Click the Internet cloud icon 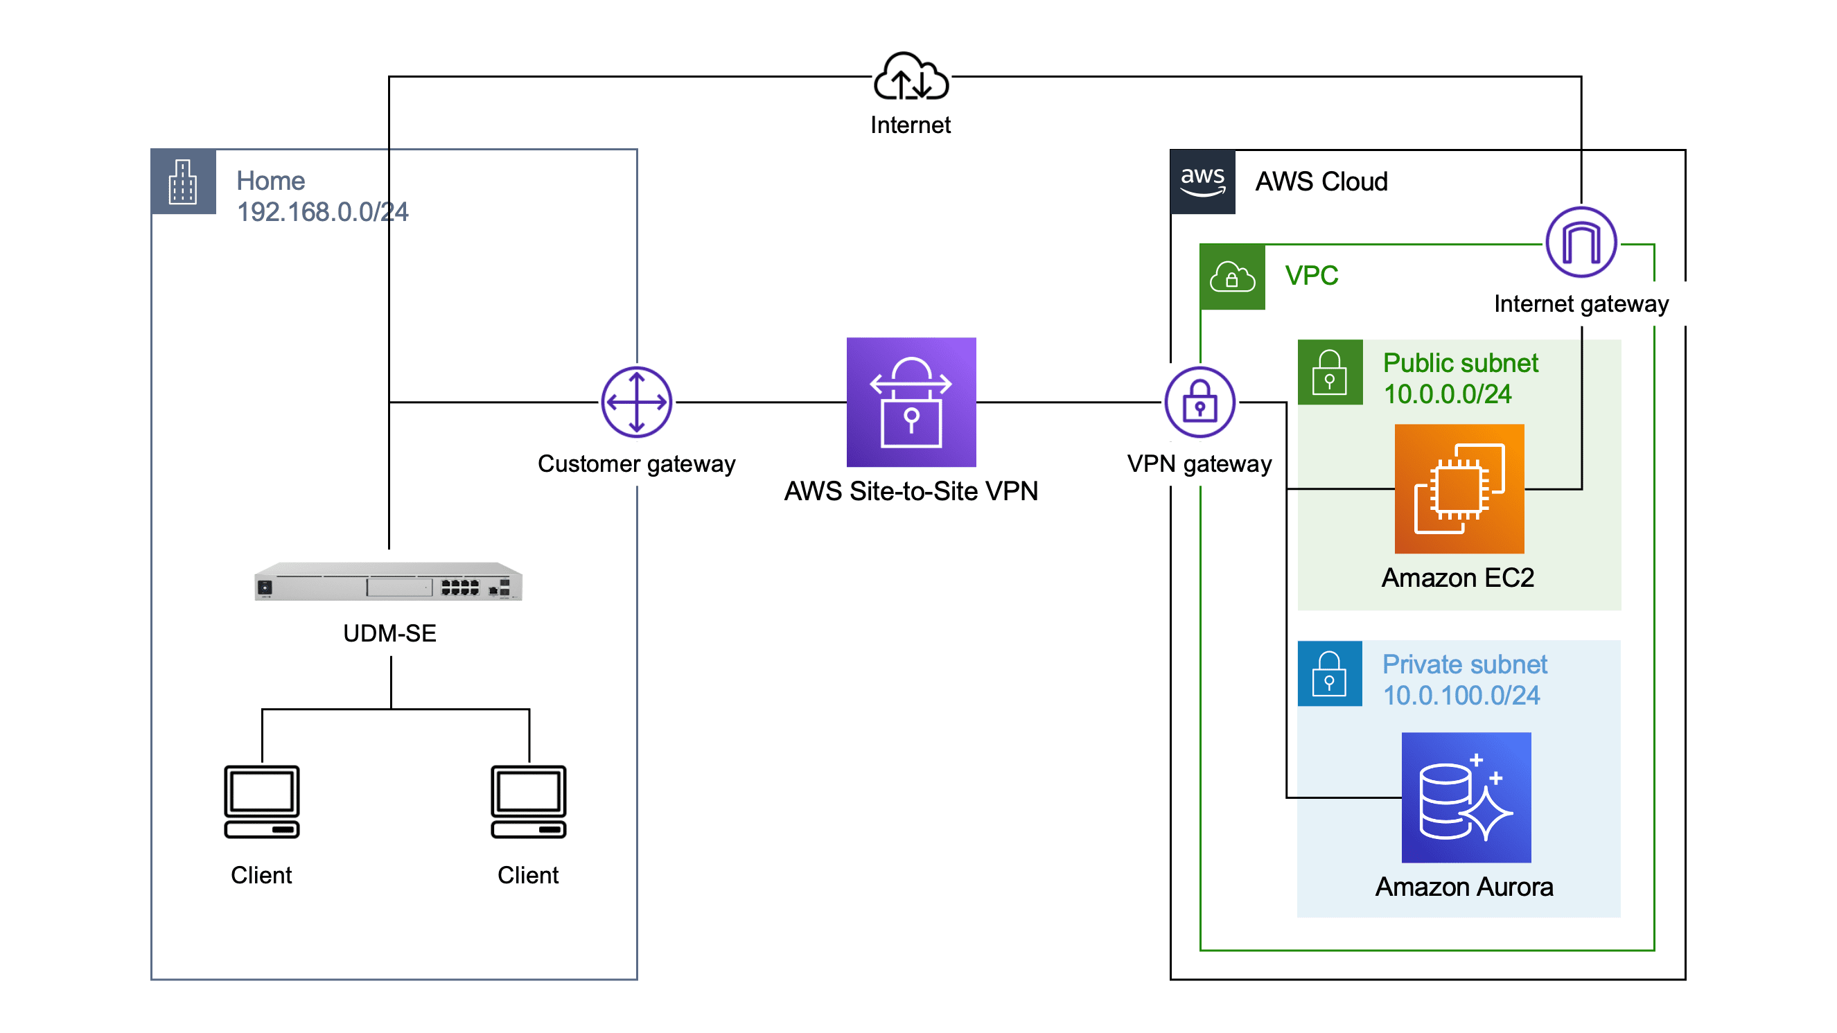pos(911,77)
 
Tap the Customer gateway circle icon pos(636,402)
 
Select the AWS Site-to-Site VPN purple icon pos(911,402)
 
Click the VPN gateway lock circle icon pos(1199,402)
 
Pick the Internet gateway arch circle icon pos(1581,242)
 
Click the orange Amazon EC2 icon pos(1459,489)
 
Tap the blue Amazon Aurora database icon pos(1466,797)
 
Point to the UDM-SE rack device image pos(389,582)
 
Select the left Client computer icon pos(262,802)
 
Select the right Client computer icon pos(529,802)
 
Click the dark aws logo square pos(1202,182)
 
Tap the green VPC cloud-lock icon pos(1231,276)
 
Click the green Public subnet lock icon pos(1329,372)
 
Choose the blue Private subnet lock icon pos(1329,673)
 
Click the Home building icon pos(183,182)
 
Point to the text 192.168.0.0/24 pos(322,212)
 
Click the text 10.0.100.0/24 pos(1461,695)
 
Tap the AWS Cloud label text pos(1321,182)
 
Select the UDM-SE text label pos(389,633)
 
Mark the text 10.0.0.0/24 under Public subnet pos(1447,394)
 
